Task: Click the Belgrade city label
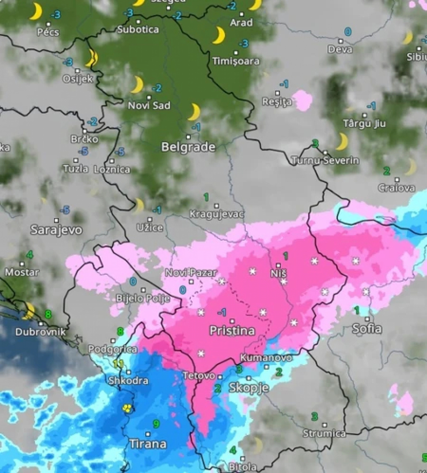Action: (188, 147)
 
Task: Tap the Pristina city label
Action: (232, 330)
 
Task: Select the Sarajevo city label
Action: (56, 230)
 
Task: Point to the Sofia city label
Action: (367, 328)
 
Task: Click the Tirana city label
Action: (148, 444)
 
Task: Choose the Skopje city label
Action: (249, 388)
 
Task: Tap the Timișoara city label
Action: (236, 61)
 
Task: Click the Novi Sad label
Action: (149, 105)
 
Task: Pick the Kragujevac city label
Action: (216, 214)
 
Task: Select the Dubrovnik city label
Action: (41, 332)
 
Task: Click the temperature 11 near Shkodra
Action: (118, 364)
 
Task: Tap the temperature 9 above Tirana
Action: (156, 423)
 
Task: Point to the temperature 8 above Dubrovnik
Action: (47, 314)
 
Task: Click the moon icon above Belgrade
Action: (194, 112)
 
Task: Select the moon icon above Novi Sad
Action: (137, 84)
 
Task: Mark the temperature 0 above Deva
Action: (348, 32)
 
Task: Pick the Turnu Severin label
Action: (325, 161)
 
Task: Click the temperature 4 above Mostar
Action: (30, 255)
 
